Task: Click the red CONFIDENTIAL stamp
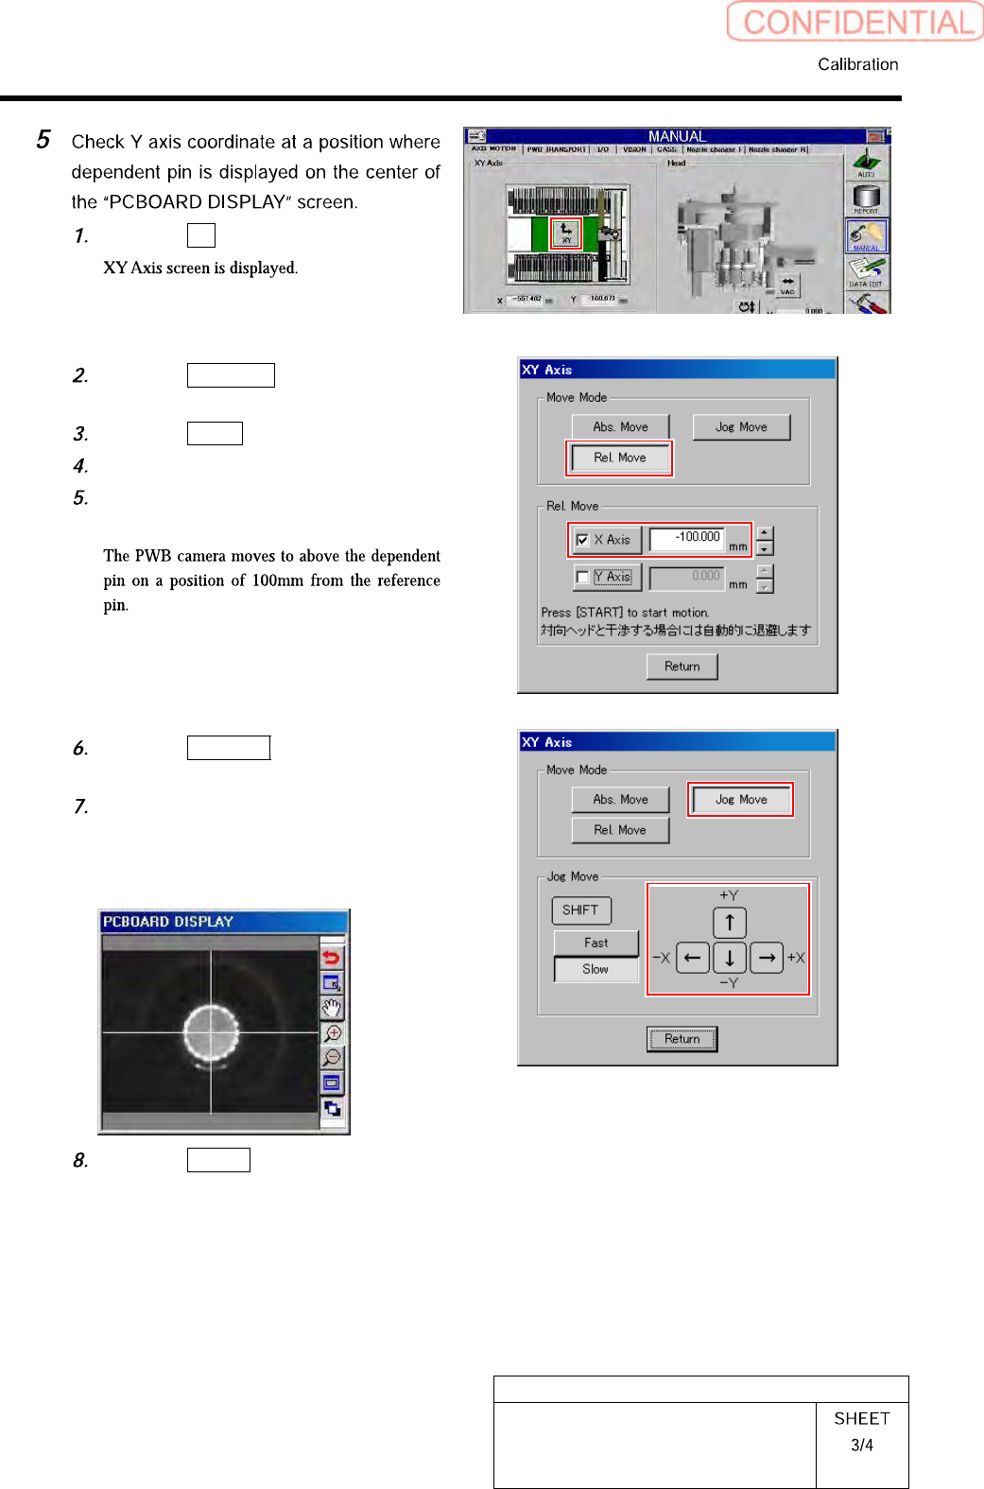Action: click(x=855, y=22)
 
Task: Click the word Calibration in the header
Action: click(x=857, y=64)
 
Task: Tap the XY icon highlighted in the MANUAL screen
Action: click(x=566, y=233)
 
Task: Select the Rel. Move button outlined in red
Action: click(x=619, y=458)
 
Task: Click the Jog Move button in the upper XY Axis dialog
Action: click(x=741, y=427)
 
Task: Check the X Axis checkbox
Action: click(x=583, y=540)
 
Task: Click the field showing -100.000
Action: click(x=699, y=538)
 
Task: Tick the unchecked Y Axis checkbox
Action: click(x=583, y=577)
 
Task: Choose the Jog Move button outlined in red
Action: click(x=741, y=800)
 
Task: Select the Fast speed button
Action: click(x=596, y=943)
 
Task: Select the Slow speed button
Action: click(x=596, y=969)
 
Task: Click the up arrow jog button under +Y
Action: click(x=730, y=923)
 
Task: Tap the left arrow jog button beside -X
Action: click(x=693, y=958)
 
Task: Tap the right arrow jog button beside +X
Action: click(x=767, y=958)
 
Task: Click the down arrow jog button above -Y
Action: click(x=730, y=958)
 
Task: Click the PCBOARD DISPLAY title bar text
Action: click(x=168, y=922)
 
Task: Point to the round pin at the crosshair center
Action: click(x=211, y=1032)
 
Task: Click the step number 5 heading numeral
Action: click(x=43, y=140)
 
